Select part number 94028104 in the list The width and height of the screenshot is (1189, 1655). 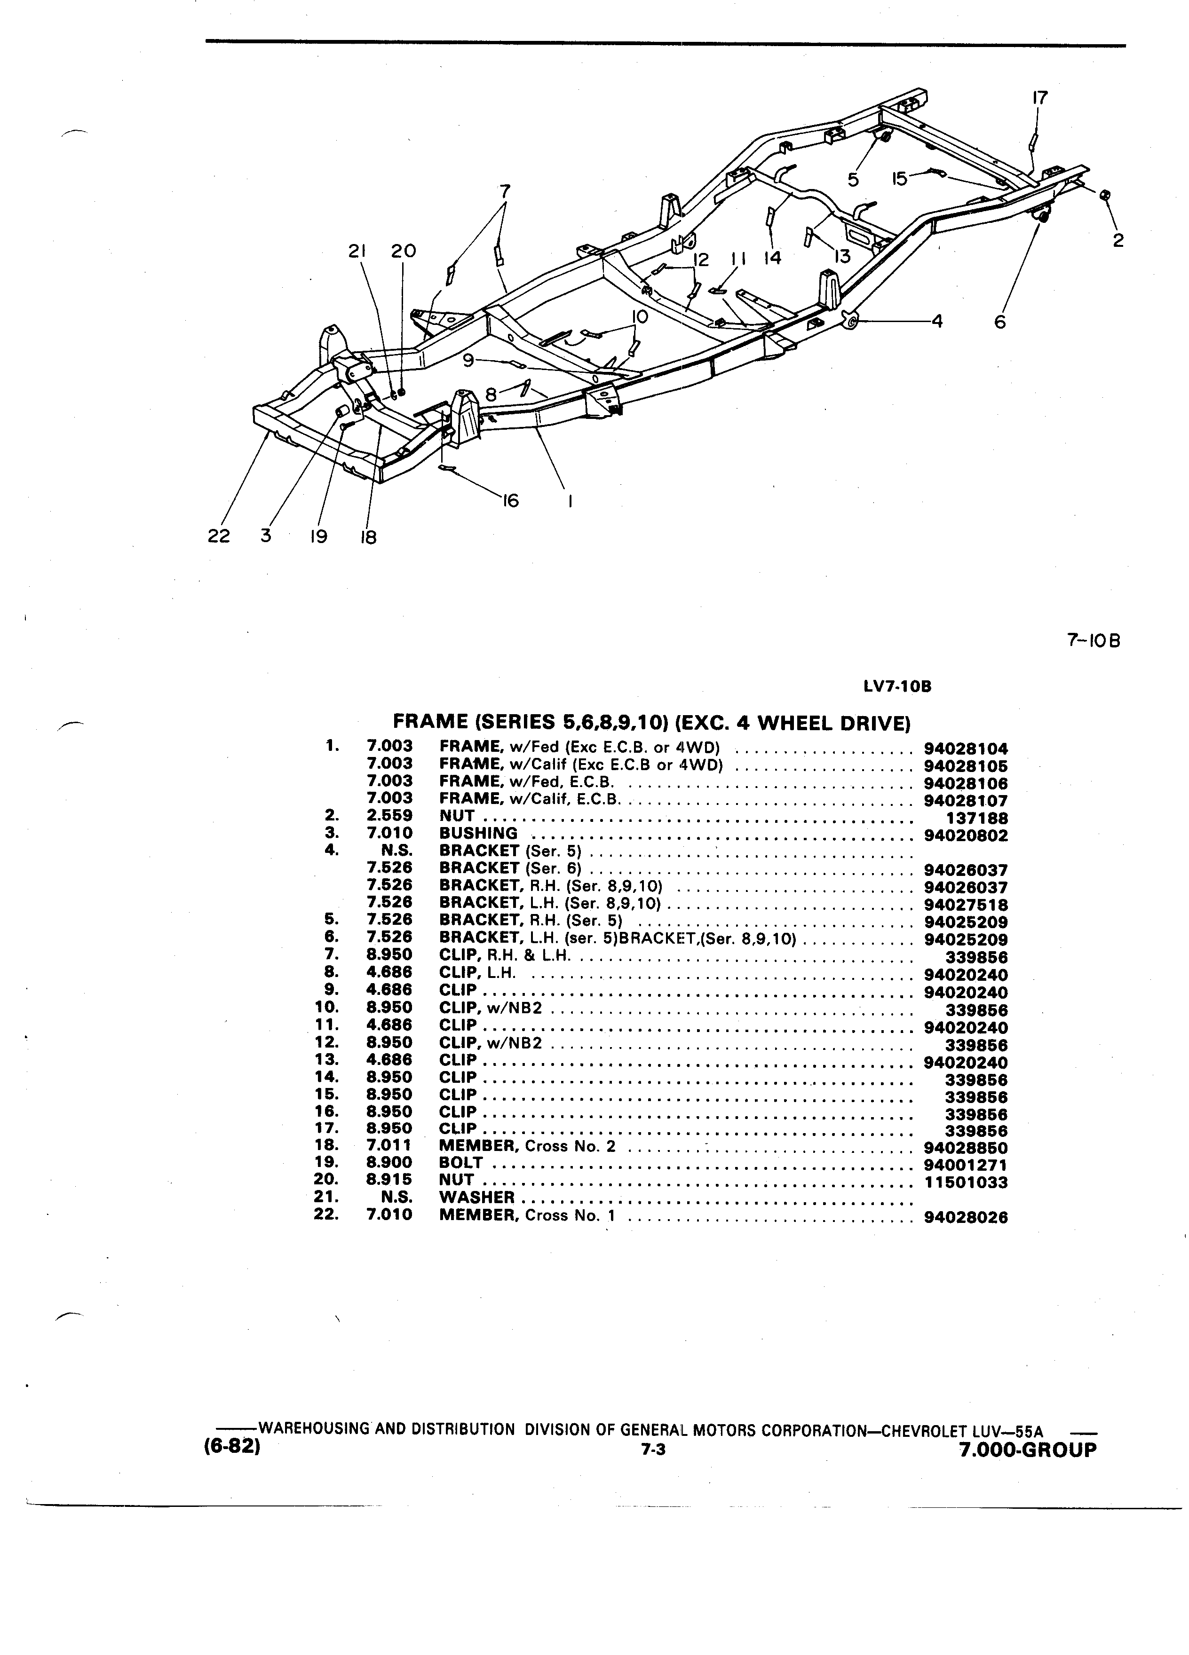(x=965, y=749)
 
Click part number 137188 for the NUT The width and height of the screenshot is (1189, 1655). (x=976, y=819)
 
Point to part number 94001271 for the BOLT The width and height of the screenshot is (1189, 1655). (x=965, y=1165)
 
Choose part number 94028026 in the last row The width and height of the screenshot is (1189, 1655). (x=965, y=1217)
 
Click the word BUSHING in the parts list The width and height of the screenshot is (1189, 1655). (x=478, y=833)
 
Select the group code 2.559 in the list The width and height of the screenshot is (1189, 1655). (x=389, y=816)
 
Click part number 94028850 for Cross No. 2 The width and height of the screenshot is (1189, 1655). (x=965, y=1147)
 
